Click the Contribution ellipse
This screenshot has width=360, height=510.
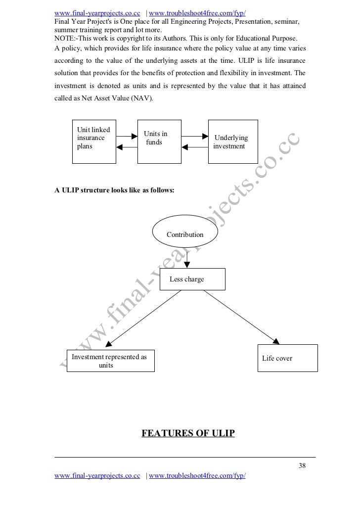click(x=185, y=234)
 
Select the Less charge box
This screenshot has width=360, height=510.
click(x=192, y=279)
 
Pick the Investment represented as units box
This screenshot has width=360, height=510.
click(x=110, y=361)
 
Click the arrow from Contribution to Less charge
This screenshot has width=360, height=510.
click(x=186, y=258)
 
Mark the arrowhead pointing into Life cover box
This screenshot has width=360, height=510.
click(x=275, y=340)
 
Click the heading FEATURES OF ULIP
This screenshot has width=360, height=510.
click(x=188, y=434)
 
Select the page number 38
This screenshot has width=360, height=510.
click(x=303, y=465)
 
